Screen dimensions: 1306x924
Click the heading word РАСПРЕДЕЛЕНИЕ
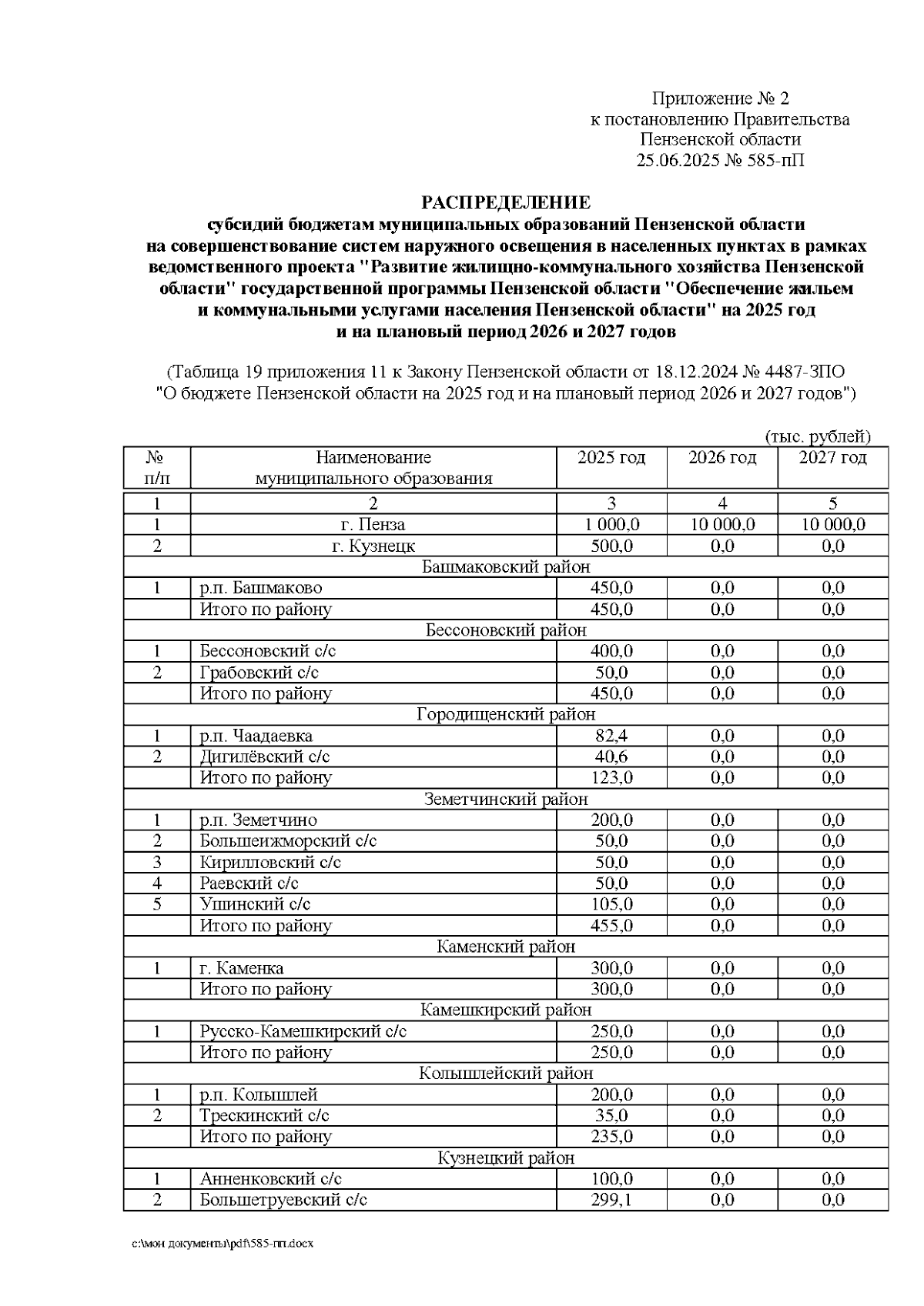(505, 202)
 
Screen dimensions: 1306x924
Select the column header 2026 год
(721, 458)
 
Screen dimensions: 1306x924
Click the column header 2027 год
(832, 458)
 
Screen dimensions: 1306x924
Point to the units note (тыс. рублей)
(817, 436)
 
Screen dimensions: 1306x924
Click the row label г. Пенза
(373, 525)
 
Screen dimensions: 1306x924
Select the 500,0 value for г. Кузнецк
(611, 546)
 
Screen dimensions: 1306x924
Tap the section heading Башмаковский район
(506, 567)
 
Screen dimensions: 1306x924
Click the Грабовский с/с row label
(259, 673)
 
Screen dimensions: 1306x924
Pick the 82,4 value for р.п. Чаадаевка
(611, 736)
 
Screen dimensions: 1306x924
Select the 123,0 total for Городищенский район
(611, 778)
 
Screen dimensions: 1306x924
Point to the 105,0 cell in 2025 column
(611, 904)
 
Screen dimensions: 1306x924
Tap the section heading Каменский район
(506, 947)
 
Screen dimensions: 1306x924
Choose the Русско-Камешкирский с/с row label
(303, 1031)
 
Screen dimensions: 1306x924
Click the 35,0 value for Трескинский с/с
(611, 1116)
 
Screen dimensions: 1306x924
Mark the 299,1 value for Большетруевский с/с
(611, 1200)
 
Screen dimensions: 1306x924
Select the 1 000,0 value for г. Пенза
(611, 525)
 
